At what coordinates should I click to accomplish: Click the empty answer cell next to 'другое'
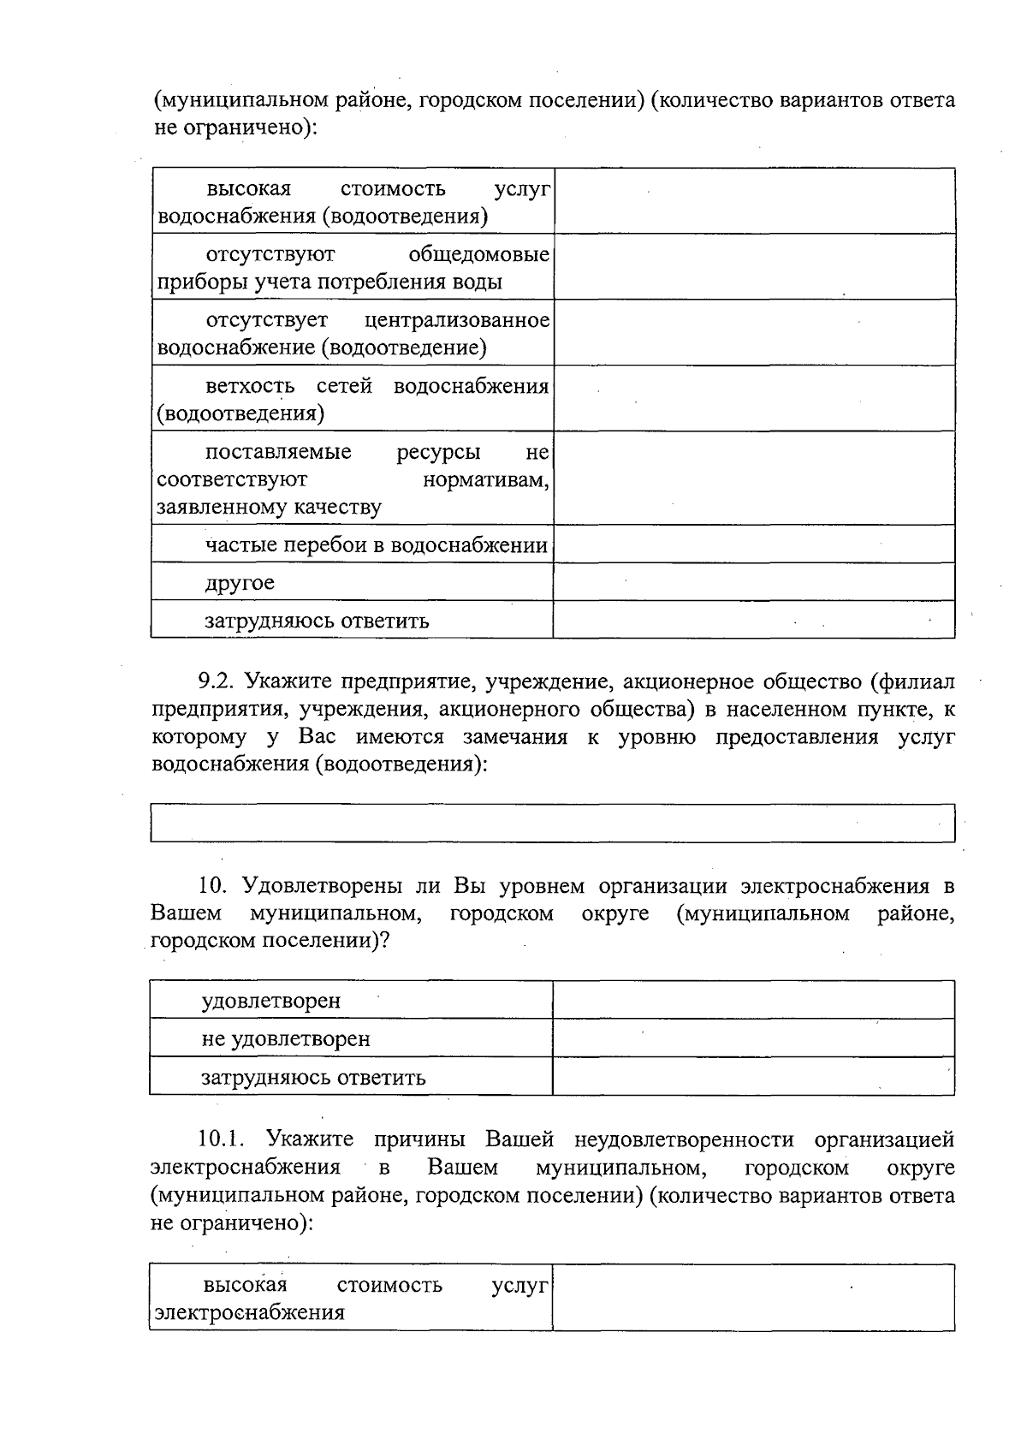tap(753, 582)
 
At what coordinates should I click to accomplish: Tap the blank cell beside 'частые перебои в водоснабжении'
tap(753, 544)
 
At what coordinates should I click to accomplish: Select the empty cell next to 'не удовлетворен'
tap(753, 1038)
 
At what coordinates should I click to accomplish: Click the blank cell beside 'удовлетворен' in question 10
tap(753, 1000)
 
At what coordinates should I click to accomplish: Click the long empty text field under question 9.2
tap(552, 823)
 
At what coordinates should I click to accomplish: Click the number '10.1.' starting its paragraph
tap(222, 1139)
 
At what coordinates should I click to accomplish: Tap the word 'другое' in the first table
tap(240, 583)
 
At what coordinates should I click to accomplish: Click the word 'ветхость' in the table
tap(250, 386)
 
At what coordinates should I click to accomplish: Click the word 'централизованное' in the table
tap(457, 320)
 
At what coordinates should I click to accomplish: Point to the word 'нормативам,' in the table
tap(486, 479)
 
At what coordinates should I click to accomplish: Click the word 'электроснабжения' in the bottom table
tap(248, 1312)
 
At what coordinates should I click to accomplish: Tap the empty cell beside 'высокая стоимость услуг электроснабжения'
tap(753, 1298)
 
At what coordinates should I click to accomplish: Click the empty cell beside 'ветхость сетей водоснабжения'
tap(753, 399)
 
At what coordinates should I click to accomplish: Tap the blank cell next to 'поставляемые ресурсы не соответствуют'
tap(753, 478)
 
